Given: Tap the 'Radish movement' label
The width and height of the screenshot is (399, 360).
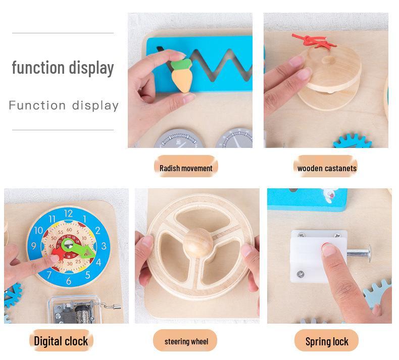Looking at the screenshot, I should point(186,168).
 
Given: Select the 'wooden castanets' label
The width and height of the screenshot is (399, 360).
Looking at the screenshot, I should point(327,168).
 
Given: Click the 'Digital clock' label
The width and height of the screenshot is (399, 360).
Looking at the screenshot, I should point(61,341).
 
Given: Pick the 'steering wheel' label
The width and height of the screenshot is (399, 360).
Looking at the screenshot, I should point(186,341).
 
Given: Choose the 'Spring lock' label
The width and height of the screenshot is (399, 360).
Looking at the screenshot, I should point(327,341).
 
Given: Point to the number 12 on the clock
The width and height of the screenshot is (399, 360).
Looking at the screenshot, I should point(68,214).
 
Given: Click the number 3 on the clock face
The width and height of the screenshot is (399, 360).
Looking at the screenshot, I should point(104,246).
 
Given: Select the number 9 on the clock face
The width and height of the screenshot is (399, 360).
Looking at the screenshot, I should point(34,247).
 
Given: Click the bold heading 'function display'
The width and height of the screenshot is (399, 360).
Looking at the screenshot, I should point(63,67).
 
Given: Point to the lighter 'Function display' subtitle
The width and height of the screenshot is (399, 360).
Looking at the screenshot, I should point(64,106).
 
